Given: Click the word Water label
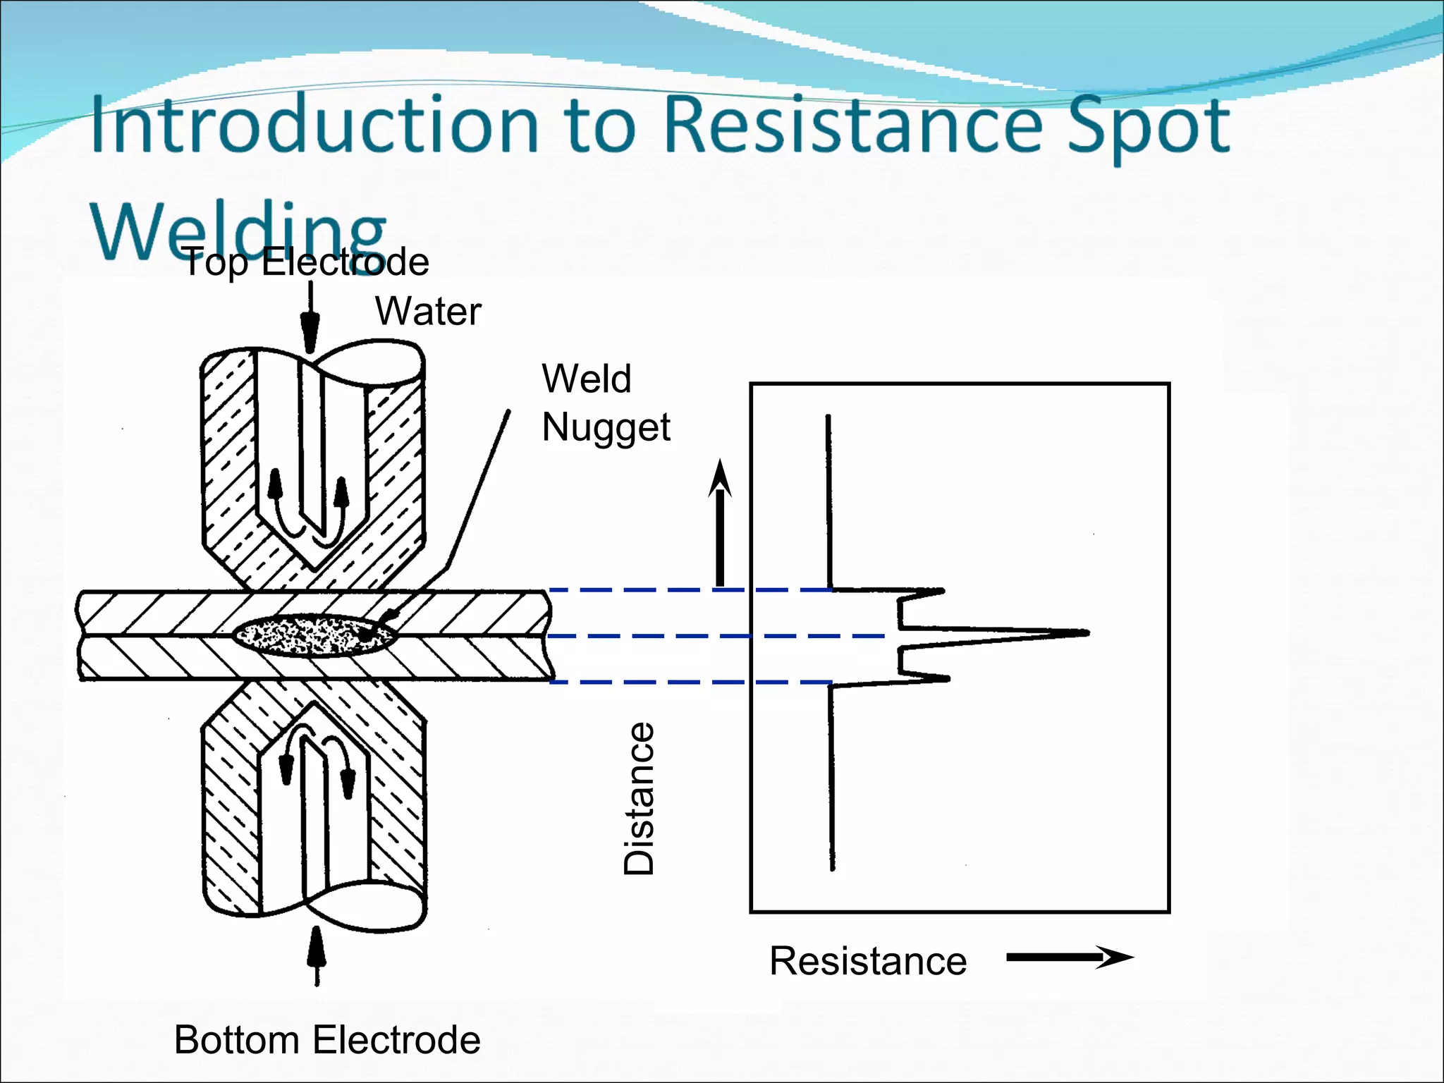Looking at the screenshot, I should point(428,311).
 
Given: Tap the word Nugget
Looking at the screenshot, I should point(606,428).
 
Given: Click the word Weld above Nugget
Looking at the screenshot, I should point(586,379).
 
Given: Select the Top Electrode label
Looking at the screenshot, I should point(306,263).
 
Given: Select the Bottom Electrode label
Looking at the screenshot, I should point(327,1040).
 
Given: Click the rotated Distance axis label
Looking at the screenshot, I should point(640,798).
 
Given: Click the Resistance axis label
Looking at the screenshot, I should point(868,961).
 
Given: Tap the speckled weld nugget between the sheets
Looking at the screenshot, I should point(310,635).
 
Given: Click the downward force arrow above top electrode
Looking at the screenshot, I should point(310,317).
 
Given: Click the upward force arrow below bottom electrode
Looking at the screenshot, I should point(317,955).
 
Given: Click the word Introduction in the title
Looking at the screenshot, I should point(314,126).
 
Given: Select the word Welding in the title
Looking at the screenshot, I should point(238,230).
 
